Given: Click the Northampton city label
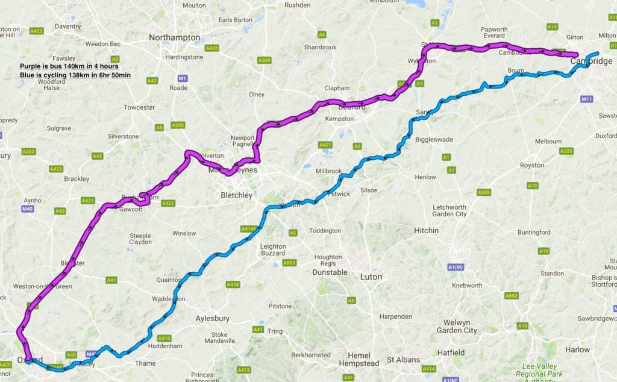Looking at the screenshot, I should (x=174, y=37).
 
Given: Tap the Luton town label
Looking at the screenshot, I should (x=371, y=277).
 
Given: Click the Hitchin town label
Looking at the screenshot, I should (x=426, y=231).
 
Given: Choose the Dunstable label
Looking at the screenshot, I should (x=330, y=272).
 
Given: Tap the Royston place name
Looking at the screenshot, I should (x=531, y=165).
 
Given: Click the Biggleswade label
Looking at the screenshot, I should (x=434, y=140).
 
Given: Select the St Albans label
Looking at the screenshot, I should (x=402, y=360).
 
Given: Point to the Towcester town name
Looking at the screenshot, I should (x=139, y=107).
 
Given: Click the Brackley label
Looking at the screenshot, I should (x=77, y=179).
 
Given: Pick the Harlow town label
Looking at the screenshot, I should (x=578, y=349).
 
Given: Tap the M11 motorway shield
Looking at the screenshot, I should (x=587, y=98).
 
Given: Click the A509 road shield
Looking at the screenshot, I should (x=264, y=60).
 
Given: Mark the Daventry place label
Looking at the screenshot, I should (x=67, y=27).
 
